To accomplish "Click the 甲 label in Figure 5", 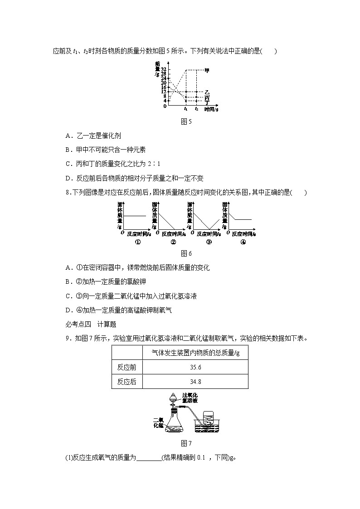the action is coord(207,70).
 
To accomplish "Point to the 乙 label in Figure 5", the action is coord(207,92).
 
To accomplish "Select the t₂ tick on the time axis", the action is coord(196,109).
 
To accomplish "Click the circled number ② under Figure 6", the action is coord(173,242).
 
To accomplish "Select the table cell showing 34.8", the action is coord(196,382).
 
